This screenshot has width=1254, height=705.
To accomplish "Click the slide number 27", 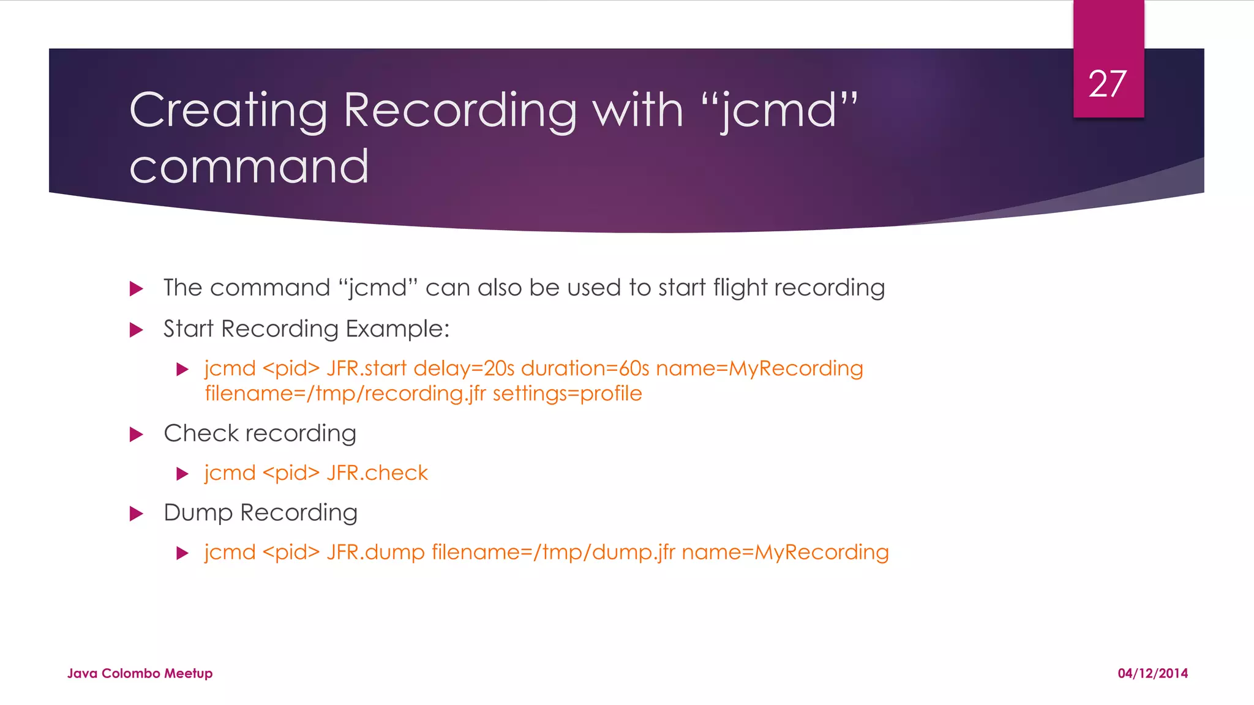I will point(1108,84).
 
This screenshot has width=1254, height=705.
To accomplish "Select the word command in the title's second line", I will point(249,166).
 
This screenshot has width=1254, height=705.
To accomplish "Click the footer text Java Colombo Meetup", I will point(140,673).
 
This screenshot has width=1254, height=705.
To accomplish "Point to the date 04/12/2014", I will point(1152,673).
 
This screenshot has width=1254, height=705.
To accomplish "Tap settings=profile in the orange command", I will point(567,394).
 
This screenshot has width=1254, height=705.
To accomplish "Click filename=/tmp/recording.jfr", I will point(345,394).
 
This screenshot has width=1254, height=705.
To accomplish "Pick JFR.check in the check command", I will point(377,473).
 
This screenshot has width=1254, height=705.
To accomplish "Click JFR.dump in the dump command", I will point(375,552).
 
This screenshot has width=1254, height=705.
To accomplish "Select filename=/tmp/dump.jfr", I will point(553,552).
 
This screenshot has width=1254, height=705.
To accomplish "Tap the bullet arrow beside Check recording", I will point(137,435).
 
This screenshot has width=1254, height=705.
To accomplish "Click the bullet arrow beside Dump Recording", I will point(137,513).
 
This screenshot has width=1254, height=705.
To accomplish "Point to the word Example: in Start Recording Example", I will point(397,329).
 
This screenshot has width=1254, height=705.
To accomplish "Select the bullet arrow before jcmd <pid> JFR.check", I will point(182,474).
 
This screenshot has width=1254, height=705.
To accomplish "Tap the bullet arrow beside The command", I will point(137,288).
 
